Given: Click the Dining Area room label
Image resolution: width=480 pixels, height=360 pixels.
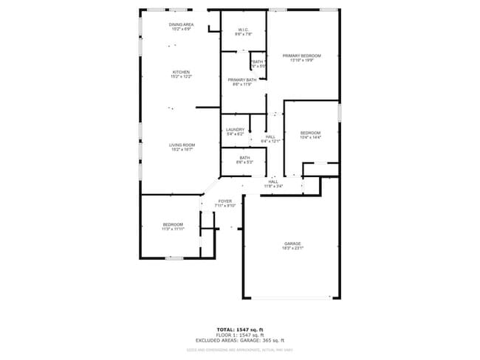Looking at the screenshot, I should (181, 25).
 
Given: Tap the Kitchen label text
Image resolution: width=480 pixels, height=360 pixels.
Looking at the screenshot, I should (181, 72).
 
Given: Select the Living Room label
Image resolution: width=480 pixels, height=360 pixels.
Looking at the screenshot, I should (182, 145).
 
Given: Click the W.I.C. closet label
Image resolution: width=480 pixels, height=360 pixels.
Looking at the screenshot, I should (244, 30).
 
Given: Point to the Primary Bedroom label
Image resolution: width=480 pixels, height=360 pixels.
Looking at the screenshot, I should (301, 56).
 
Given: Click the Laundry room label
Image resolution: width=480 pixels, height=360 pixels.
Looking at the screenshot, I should (235, 129).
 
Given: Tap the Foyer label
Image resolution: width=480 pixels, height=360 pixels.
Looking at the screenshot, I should (225, 201).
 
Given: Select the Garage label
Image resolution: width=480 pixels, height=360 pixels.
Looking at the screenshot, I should (293, 243).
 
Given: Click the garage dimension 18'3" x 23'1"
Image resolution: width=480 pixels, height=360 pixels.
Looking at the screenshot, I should (293, 248).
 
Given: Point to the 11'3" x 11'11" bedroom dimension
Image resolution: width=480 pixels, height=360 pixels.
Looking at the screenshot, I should (173, 229).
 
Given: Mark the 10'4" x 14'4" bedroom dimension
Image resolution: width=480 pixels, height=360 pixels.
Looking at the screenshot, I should (310, 137).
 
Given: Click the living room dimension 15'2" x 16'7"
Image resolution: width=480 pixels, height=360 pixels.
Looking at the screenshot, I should (182, 149).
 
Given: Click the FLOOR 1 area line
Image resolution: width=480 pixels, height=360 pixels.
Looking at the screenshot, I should (240, 334).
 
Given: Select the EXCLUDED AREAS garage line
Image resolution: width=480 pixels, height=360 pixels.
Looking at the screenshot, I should (240, 340).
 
